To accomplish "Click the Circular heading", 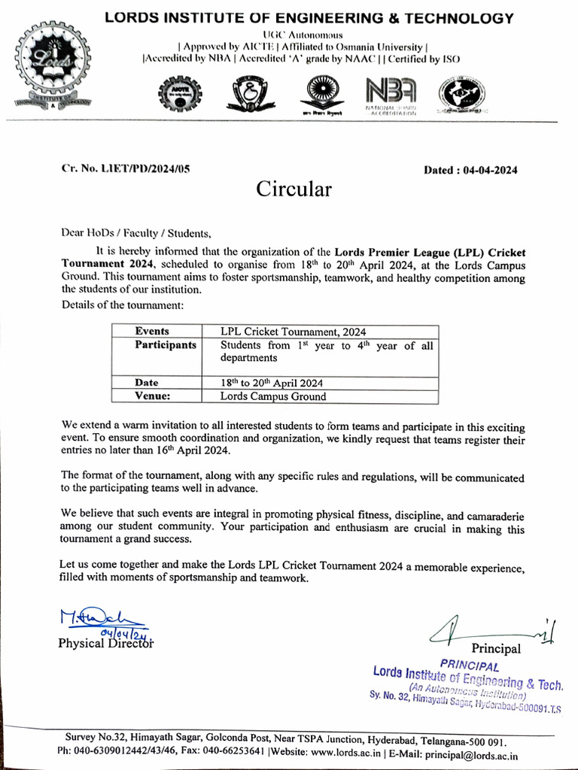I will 294,189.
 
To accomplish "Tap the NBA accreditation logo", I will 390,96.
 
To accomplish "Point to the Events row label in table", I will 152,331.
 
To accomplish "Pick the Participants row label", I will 166,345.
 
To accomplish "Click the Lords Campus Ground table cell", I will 272,396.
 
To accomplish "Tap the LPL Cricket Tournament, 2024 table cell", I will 294,331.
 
